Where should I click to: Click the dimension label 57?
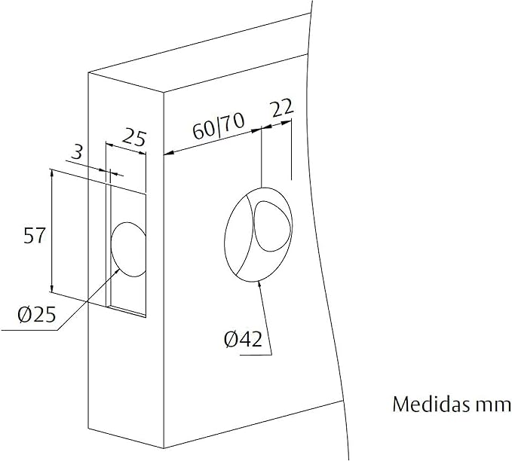(35, 236)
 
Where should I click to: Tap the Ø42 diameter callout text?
(243, 340)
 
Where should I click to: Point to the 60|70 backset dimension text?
(215, 129)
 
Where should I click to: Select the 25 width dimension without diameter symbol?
(133, 138)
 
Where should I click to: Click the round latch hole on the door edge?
(128, 249)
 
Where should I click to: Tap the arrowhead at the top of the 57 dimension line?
(51, 173)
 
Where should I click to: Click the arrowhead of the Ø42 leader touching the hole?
(259, 284)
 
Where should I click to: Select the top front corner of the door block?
(163, 92)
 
